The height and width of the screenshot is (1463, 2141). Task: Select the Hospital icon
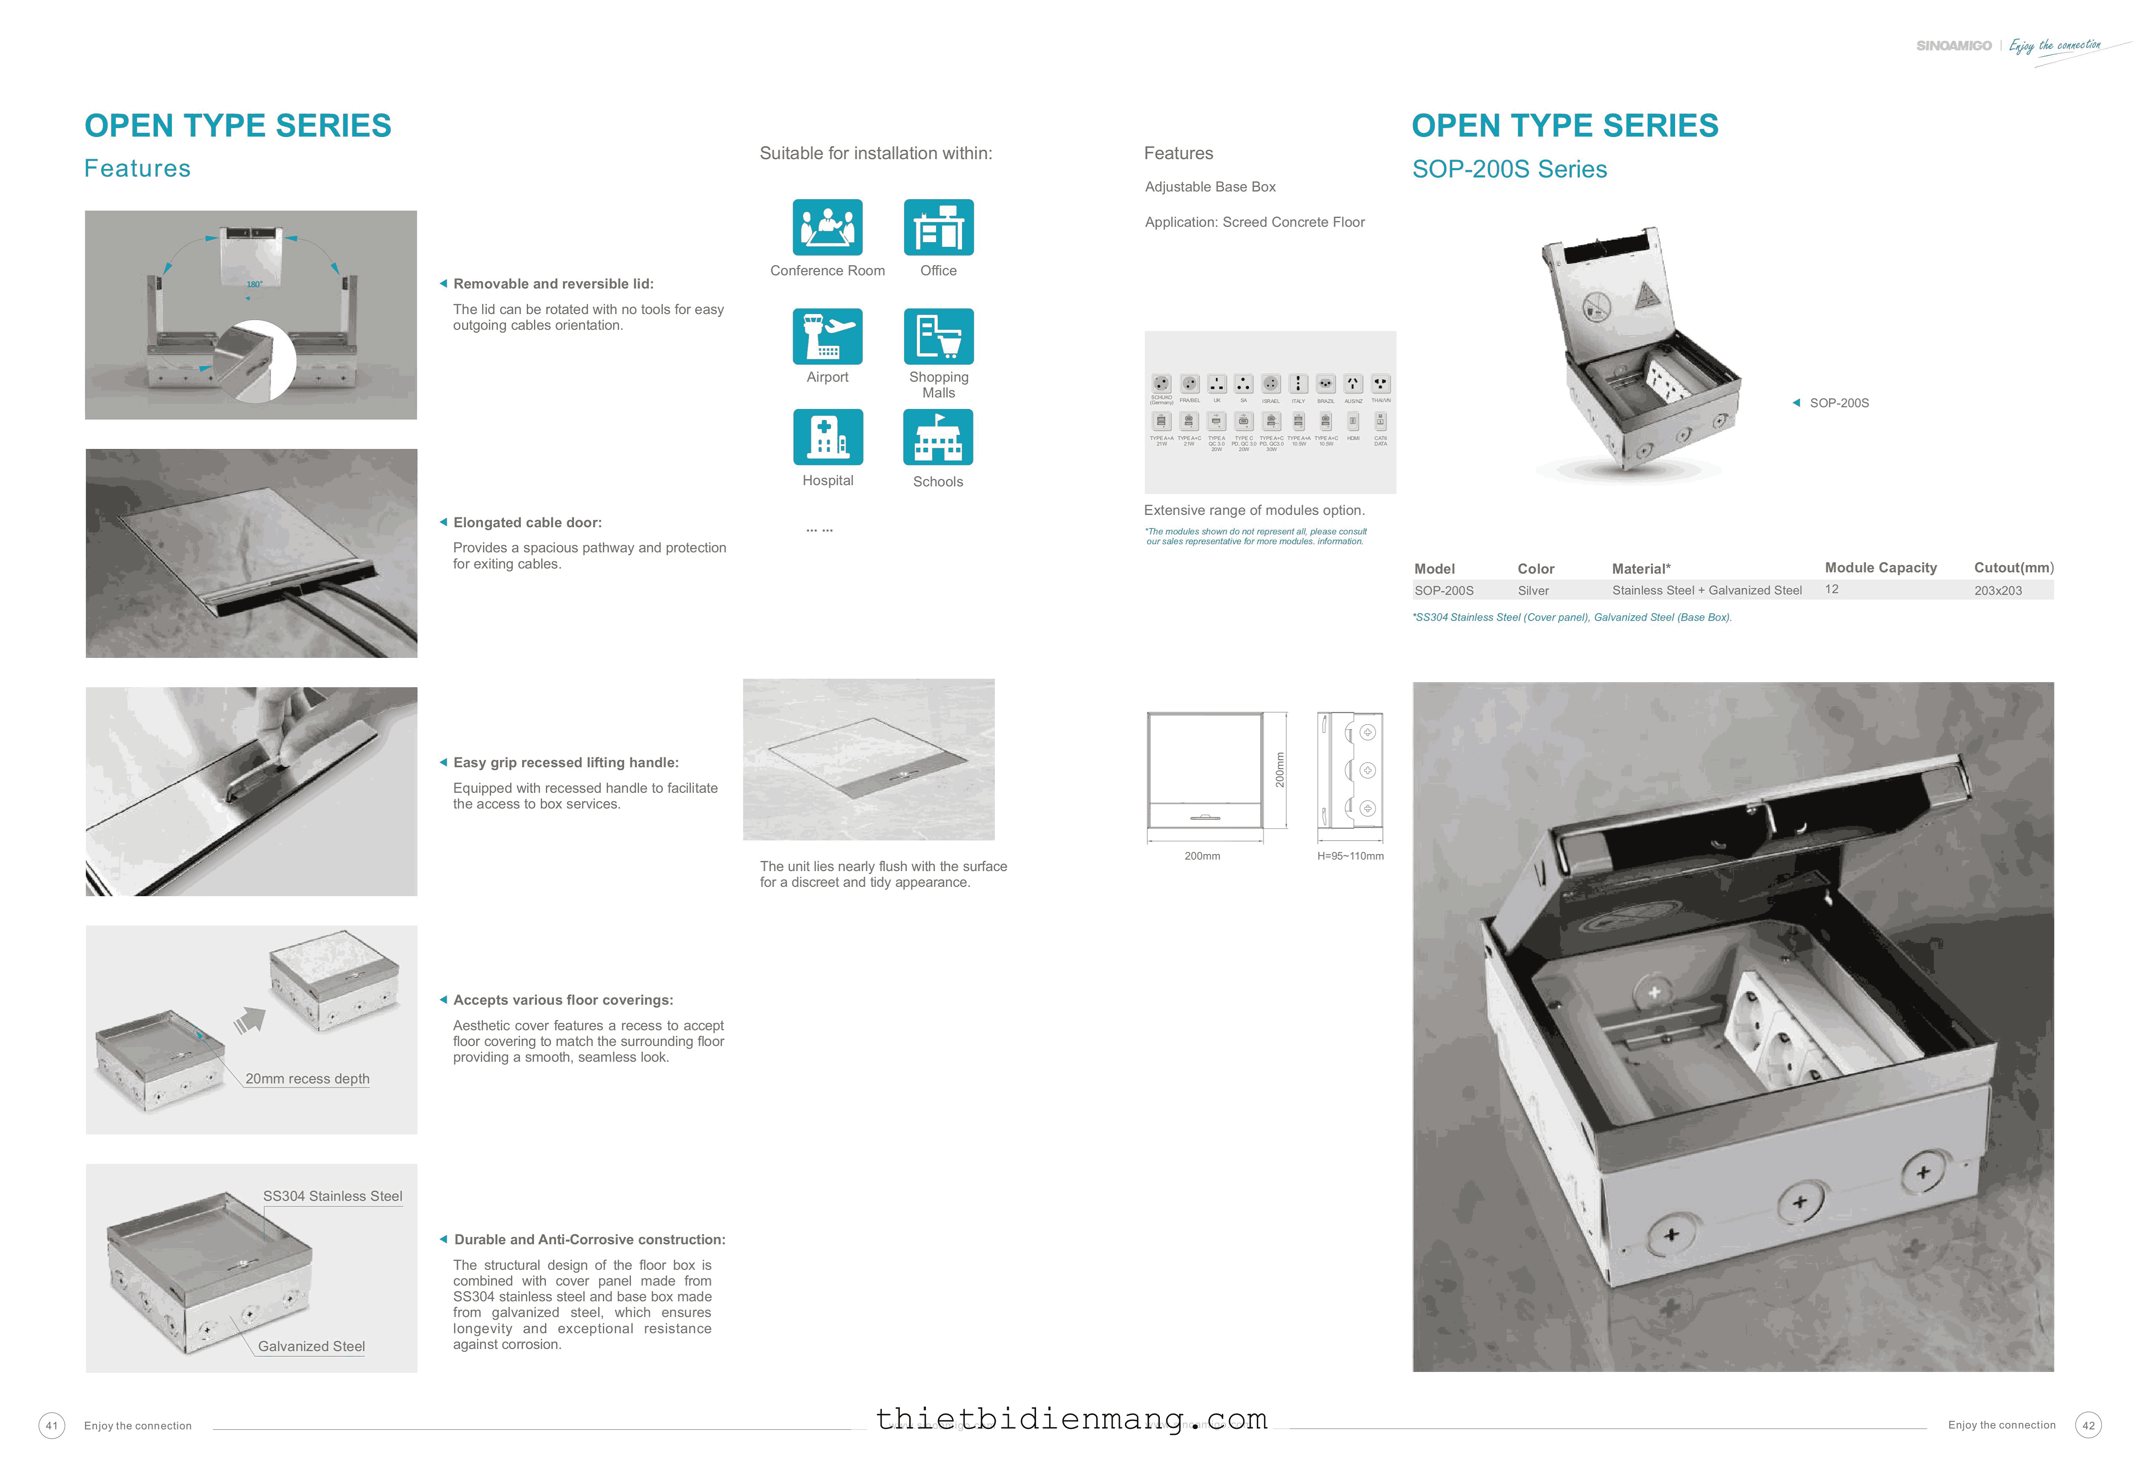coord(827,437)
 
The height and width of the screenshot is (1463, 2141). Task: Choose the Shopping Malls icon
coord(938,336)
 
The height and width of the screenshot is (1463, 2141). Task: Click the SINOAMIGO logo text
coord(1953,45)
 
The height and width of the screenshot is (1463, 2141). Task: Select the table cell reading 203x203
coord(1997,591)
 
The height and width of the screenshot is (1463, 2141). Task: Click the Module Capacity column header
coord(1880,568)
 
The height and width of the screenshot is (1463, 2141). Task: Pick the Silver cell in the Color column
coord(1533,591)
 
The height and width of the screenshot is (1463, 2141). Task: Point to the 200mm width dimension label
coord(1201,856)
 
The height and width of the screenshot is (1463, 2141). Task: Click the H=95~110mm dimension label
coord(1350,856)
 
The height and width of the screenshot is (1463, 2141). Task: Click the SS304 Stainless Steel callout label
coord(333,1196)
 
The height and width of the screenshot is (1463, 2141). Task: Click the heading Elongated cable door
coord(527,523)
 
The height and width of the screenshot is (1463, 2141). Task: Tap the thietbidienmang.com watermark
coord(1070,1419)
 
